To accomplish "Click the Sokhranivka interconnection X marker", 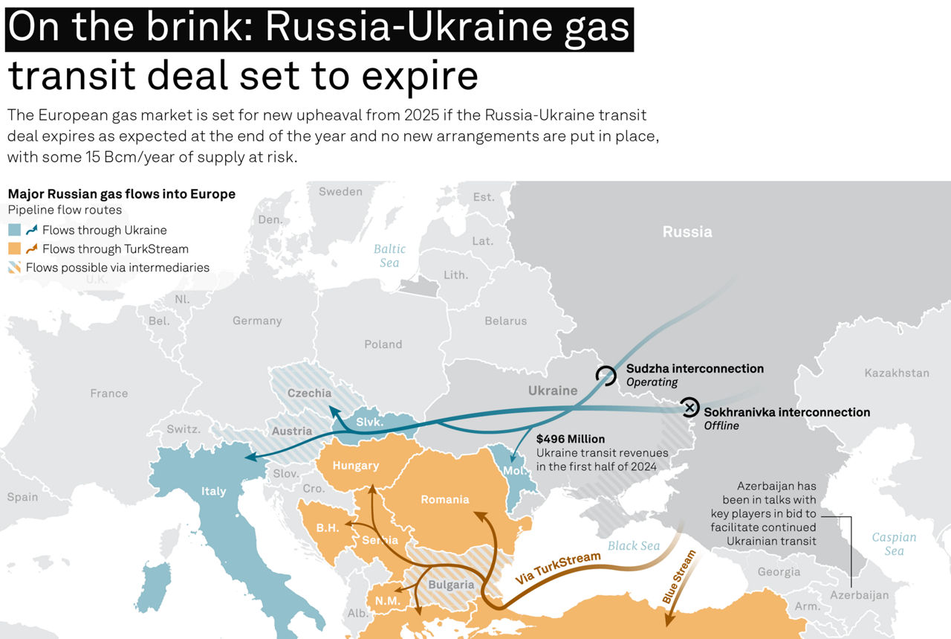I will point(690,407).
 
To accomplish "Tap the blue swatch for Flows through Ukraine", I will point(14,231).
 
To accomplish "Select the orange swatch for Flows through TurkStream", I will point(14,249).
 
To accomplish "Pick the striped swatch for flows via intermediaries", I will point(14,268).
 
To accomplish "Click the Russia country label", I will point(687,232).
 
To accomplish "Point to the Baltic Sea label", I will point(389,256).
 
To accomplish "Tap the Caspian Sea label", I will point(894,544).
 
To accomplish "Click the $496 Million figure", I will point(571,439).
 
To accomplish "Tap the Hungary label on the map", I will point(355,466).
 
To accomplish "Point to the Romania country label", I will point(444,499).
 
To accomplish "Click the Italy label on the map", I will point(213,491).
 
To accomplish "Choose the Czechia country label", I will point(309,393).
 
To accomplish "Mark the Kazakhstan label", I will point(897,373).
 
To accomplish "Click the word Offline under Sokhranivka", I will point(721,426).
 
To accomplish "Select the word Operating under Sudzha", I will point(652,382).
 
